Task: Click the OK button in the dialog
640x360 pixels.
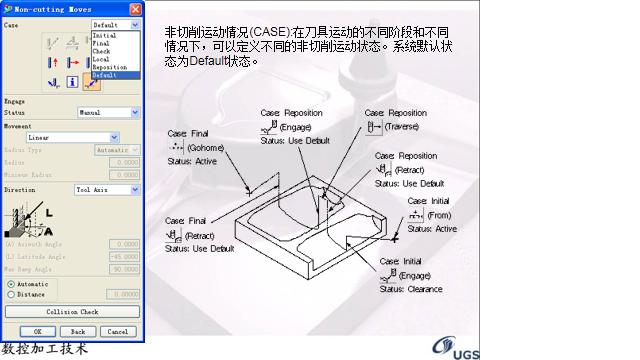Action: click(37, 331)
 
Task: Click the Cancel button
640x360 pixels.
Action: click(117, 331)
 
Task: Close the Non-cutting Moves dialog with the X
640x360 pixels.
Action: click(135, 9)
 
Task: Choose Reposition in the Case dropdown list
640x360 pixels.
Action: click(110, 68)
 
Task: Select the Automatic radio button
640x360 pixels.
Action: click(11, 284)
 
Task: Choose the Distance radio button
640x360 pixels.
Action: click(11, 294)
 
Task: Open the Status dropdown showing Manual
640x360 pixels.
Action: click(108, 113)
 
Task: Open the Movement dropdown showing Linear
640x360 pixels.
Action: click(72, 137)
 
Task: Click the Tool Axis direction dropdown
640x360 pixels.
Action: click(107, 189)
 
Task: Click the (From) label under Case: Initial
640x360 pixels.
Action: click(440, 215)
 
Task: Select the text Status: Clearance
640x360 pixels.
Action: click(410, 288)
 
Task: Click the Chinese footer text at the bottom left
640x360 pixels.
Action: click(45, 349)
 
